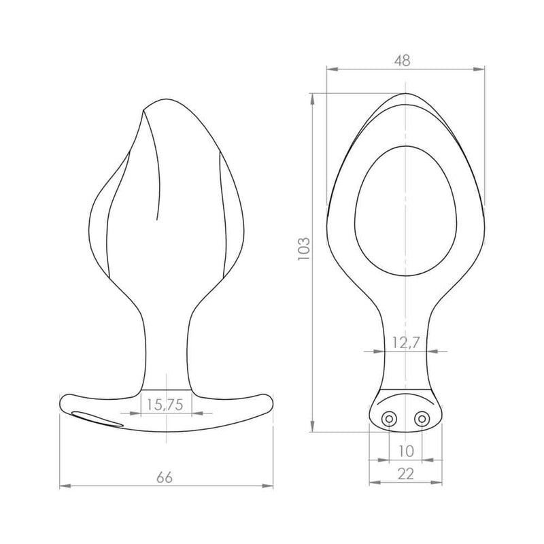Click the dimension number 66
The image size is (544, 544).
(x=164, y=477)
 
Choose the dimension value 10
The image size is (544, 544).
(x=406, y=450)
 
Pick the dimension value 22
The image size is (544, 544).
(x=406, y=474)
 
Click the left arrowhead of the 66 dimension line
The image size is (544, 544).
(x=63, y=486)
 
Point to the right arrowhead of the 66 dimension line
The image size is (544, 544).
(x=270, y=486)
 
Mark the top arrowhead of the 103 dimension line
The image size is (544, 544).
(x=312, y=97)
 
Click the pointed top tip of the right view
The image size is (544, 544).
(x=406, y=94)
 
